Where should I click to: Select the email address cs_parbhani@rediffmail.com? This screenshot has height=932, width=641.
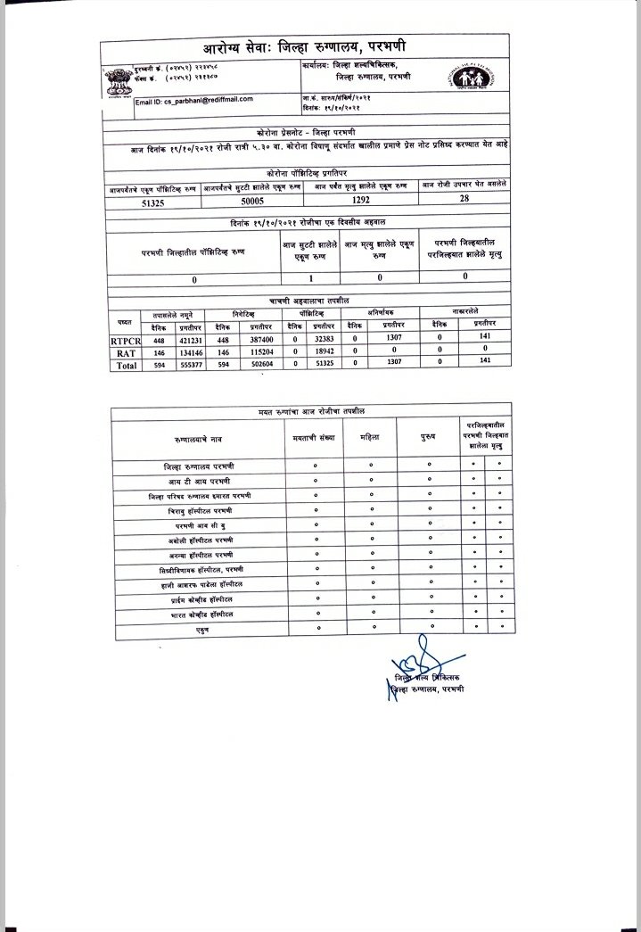[x=194, y=100]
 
